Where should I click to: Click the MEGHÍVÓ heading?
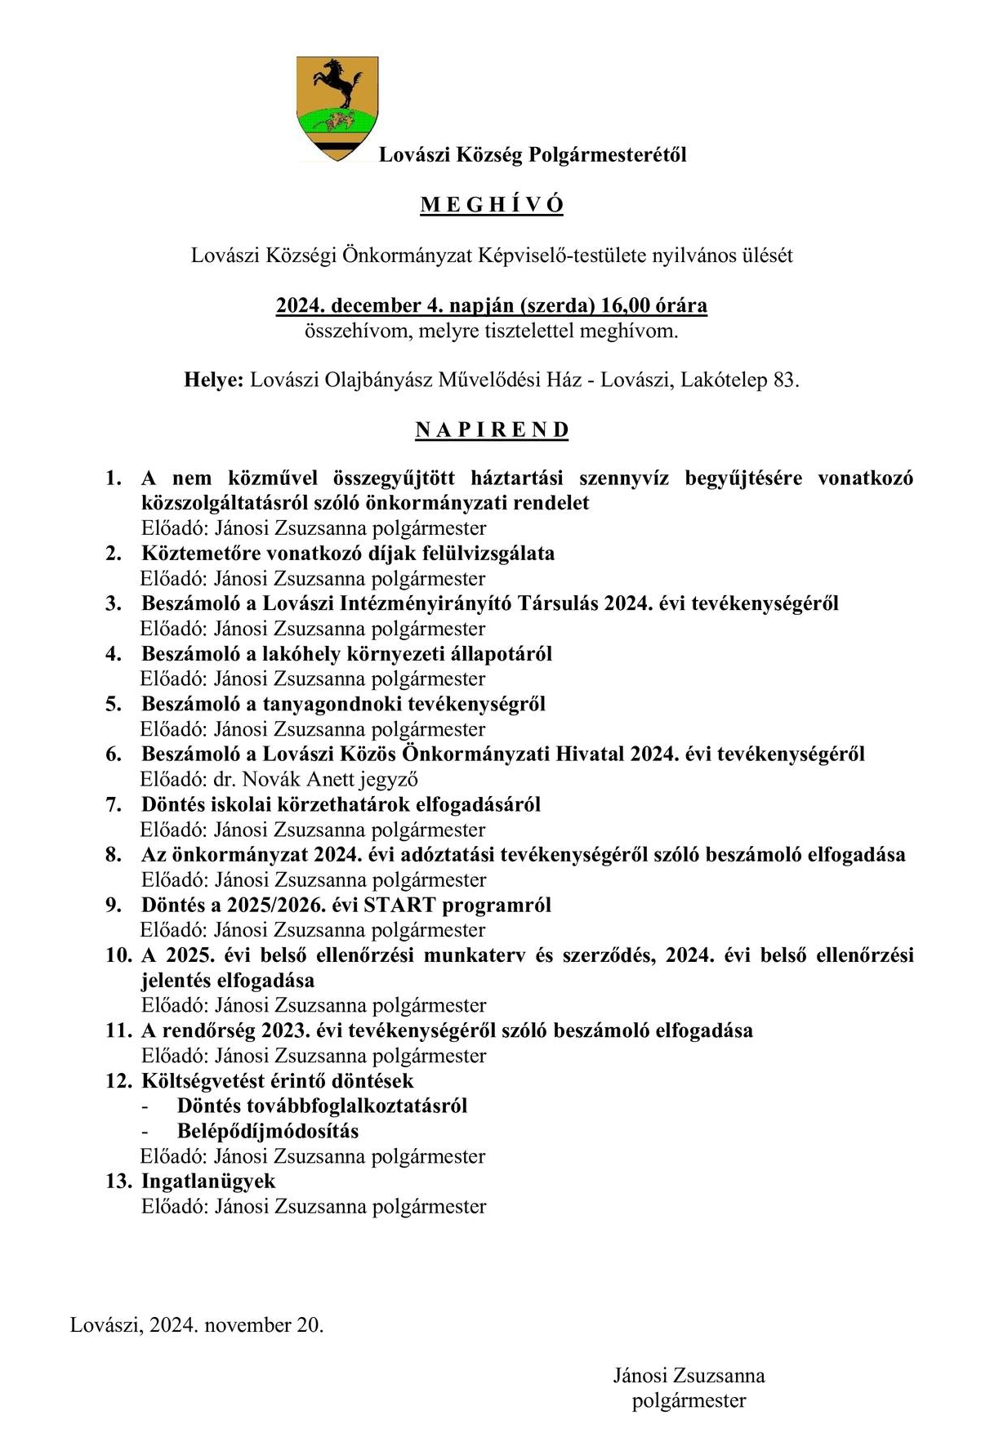pyautogui.click(x=492, y=205)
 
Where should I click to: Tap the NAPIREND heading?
pyautogui.click(x=492, y=430)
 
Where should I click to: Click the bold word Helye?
pyautogui.click(x=214, y=381)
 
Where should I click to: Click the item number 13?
pyautogui.click(x=118, y=1181)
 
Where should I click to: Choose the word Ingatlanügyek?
pyautogui.click(x=208, y=1181)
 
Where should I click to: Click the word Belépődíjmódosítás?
pyautogui.click(x=268, y=1131)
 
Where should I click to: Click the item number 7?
pyautogui.click(x=114, y=804)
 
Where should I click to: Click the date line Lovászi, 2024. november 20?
pyautogui.click(x=197, y=1324)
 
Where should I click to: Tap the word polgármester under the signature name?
pyautogui.click(x=689, y=1400)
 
